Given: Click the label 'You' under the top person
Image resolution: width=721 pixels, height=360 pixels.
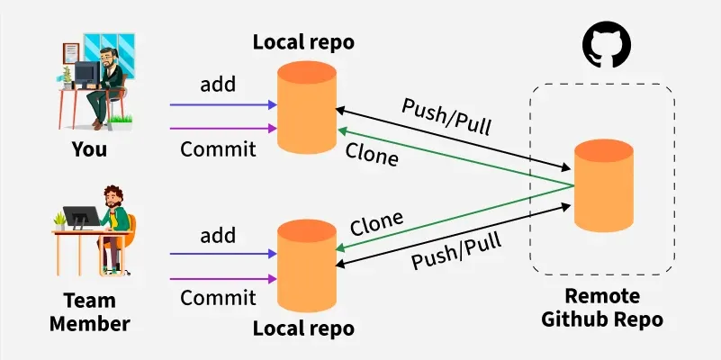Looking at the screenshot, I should point(89,149).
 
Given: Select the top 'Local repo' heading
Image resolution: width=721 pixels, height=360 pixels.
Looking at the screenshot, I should point(304,41).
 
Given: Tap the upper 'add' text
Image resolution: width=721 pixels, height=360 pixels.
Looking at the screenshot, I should point(217,85).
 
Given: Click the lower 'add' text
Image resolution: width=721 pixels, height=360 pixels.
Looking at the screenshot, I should point(217,236).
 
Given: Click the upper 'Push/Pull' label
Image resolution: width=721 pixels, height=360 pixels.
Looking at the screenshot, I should point(446,114).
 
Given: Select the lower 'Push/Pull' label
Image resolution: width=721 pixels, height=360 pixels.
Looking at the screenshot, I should point(455,248).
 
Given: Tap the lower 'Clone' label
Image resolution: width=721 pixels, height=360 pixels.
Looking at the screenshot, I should point(376,222).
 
